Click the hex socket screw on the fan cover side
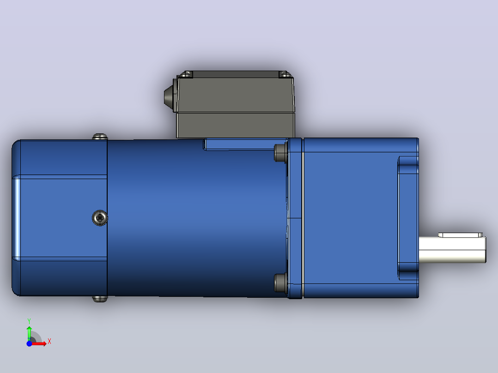point(100,218)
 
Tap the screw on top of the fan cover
point(100,137)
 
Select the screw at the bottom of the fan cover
point(100,299)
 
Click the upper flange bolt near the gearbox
point(280,153)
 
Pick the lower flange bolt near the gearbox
point(280,283)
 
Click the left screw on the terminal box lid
point(186,75)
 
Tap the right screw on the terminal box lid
point(285,75)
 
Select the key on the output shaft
point(461,235)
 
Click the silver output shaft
point(452,250)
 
